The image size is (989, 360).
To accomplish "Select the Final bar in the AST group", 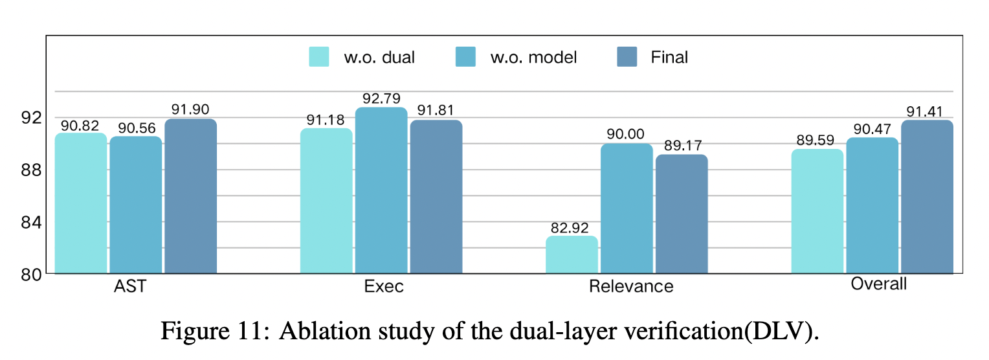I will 190,196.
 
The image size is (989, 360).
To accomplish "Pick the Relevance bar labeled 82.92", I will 572,254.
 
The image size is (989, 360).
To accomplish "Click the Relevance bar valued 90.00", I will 627,208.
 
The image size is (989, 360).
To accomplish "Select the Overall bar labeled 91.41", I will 927,196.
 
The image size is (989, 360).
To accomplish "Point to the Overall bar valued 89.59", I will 817,211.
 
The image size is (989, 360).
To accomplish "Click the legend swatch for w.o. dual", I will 318,57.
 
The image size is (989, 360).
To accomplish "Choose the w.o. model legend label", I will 533,58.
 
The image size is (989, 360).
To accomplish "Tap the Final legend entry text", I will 669,58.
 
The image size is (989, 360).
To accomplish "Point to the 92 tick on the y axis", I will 30,118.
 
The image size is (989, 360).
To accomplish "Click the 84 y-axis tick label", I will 30,222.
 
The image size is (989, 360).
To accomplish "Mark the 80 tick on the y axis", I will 30,275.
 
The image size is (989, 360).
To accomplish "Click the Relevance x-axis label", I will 631,286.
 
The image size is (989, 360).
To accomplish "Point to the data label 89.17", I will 682,145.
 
